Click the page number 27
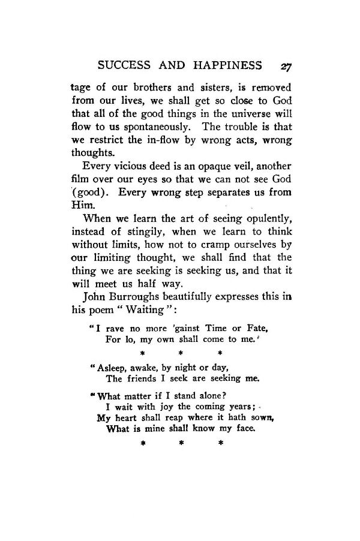[x=283, y=65]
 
